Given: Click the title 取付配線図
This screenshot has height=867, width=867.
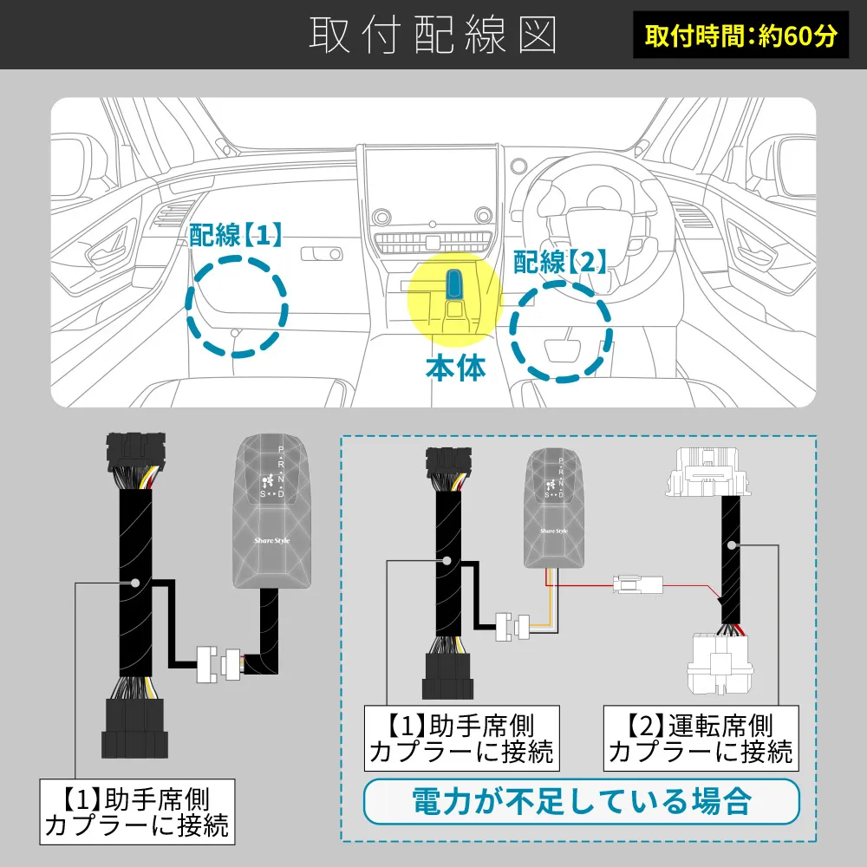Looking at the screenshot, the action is (433, 35).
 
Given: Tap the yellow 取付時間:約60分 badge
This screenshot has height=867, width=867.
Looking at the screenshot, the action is (740, 35).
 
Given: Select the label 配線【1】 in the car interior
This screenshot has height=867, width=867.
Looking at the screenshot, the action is (236, 235).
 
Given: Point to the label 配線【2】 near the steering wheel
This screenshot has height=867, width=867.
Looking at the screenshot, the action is (560, 262).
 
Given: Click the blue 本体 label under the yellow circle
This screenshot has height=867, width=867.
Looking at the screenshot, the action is (456, 368).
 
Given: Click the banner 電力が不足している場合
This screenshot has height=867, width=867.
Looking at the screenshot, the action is (582, 801).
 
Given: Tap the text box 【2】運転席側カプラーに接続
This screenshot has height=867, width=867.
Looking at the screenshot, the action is (701, 738).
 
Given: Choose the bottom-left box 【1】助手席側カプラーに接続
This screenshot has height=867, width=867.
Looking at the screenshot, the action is (137, 812).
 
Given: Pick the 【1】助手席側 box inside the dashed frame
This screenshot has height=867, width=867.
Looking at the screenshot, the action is (462, 738).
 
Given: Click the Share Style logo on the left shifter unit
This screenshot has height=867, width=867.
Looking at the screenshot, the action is (271, 540).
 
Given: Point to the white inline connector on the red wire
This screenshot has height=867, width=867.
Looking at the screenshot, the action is (637, 584).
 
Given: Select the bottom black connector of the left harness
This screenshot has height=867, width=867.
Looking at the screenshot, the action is (134, 728).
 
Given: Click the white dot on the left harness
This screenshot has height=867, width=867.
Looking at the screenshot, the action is (134, 583).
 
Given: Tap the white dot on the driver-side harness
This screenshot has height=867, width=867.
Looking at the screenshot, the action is (731, 545).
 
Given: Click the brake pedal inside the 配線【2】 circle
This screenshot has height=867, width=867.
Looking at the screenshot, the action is (563, 350).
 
